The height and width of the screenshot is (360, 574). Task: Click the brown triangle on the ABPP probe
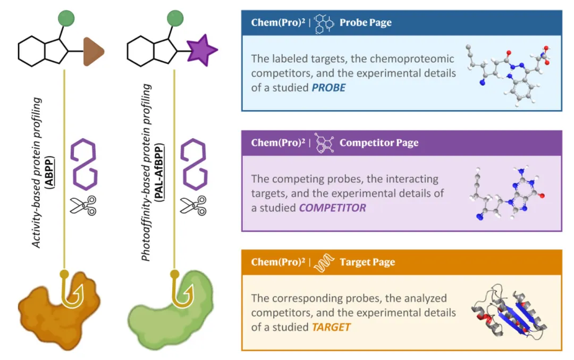pos(92,52)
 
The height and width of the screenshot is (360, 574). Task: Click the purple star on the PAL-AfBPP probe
pos(202,51)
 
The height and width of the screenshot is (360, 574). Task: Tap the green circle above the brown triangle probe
pos(64,18)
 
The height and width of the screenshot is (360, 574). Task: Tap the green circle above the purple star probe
pos(175,18)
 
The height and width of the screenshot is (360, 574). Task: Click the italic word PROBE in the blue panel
pos(328,87)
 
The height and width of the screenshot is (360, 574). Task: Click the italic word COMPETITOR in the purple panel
pos(332,208)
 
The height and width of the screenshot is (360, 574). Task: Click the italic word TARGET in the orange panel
pos(331,326)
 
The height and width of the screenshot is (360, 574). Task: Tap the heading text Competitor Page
pos(378,143)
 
